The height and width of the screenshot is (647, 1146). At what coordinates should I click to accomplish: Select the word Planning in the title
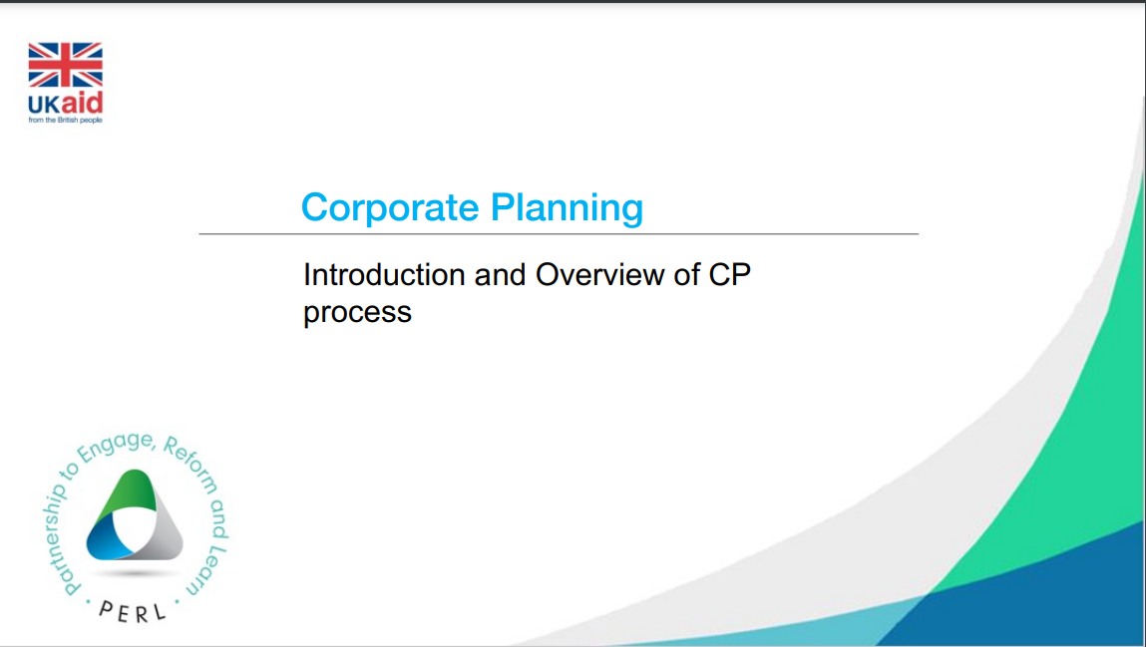tap(568, 208)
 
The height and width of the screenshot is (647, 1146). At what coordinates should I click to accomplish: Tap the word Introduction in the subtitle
tap(384, 274)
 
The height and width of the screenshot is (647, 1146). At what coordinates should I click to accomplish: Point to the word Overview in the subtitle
tap(603, 274)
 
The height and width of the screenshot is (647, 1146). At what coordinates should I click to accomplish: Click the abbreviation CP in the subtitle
tap(729, 274)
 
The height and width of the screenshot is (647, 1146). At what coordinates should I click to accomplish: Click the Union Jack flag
tap(66, 65)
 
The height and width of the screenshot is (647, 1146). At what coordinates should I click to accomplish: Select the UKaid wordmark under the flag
tap(66, 103)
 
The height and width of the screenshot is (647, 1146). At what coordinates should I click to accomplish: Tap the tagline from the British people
tap(66, 120)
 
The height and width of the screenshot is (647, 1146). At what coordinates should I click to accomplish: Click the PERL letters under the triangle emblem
tap(133, 612)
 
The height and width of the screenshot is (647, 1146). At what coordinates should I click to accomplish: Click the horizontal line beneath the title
tap(559, 234)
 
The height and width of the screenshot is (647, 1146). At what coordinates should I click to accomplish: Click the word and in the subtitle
tap(501, 274)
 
